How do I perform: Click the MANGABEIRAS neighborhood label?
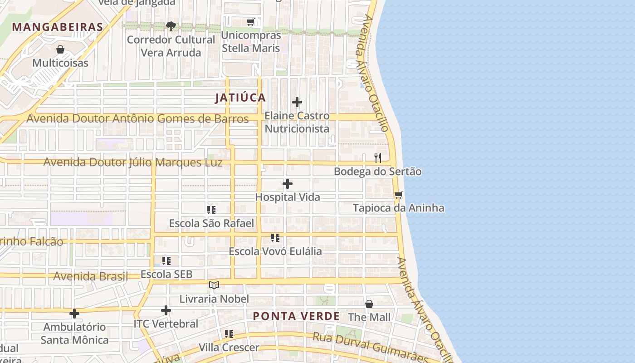(x=58, y=27)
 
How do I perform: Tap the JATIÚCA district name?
(x=240, y=98)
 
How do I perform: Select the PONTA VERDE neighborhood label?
(x=296, y=316)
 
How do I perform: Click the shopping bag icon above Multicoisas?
(x=60, y=49)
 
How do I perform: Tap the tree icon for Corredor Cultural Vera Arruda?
(x=171, y=26)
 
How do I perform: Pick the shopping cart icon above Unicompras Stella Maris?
(x=251, y=22)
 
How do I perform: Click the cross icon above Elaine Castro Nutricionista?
(x=297, y=102)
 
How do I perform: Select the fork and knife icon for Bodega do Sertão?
(x=377, y=158)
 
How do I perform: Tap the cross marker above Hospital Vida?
(x=288, y=184)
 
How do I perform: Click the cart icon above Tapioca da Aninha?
(x=398, y=195)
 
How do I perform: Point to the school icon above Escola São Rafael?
(x=211, y=210)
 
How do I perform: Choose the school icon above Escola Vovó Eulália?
(x=275, y=238)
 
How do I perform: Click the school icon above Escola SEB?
(x=166, y=261)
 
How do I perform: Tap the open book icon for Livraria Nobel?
(x=214, y=285)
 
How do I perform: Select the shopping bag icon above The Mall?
(x=369, y=304)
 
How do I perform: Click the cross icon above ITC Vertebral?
(x=166, y=310)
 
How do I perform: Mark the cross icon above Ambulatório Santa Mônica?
(x=74, y=314)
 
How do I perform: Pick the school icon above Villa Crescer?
(x=229, y=334)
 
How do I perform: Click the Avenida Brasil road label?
(x=91, y=276)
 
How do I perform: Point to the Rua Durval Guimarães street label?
(x=370, y=347)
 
